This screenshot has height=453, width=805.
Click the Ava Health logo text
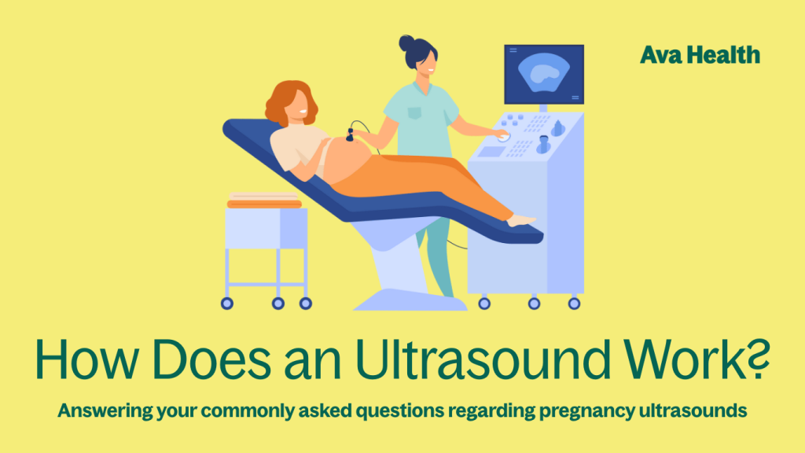pos(700,55)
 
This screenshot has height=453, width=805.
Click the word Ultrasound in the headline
pos(483,359)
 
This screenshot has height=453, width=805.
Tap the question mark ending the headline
pos(759,355)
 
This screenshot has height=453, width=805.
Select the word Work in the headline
pos(686,359)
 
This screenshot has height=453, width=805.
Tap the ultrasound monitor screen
pos(544,74)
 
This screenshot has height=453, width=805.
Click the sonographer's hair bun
pos(406,42)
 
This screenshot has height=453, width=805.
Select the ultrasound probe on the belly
pos(350,135)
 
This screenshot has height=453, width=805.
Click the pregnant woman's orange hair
pos(289,101)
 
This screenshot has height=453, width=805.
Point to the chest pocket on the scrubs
pos(414,112)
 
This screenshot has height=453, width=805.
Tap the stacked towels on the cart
pos(264,201)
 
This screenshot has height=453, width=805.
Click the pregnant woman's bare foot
pos(521,220)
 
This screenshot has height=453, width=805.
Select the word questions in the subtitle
pos(400,411)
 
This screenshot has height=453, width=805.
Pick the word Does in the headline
pos(211,359)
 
